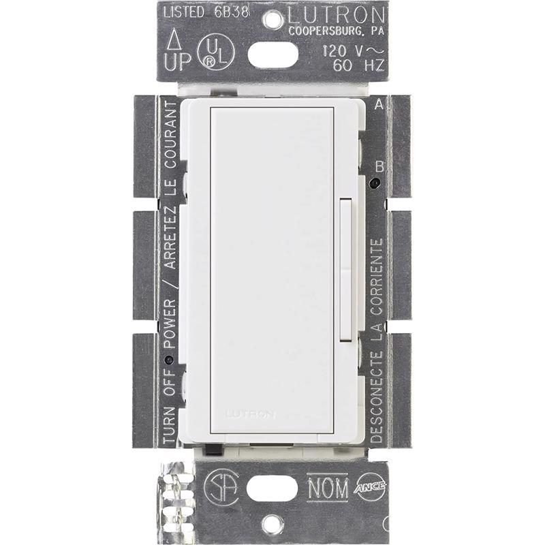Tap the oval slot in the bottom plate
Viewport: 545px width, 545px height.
(272, 488)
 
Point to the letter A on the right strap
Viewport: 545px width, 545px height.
(379, 104)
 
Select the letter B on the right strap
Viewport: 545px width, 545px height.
(380, 166)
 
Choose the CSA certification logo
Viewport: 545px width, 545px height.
(220, 486)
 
